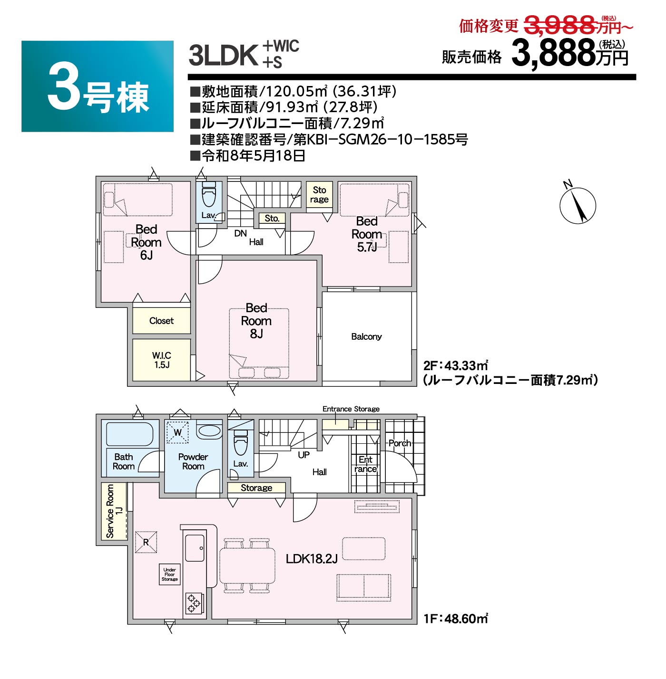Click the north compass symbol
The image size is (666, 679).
point(578,204)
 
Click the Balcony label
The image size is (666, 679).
point(366,336)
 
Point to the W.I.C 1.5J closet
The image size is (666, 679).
point(162,360)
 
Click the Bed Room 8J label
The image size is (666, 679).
point(256,321)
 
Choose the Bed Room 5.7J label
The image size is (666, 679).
point(367,234)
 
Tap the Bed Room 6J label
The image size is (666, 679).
point(146,242)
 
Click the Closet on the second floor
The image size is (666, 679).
point(162,321)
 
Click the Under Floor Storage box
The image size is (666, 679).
point(169,574)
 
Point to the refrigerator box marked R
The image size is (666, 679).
point(146,542)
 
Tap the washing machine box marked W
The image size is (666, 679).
point(177,432)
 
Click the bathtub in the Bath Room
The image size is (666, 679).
point(129,434)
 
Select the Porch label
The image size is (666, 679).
point(400,443)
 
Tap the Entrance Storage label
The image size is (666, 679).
point(351,409)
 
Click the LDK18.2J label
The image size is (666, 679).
point(312,558)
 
